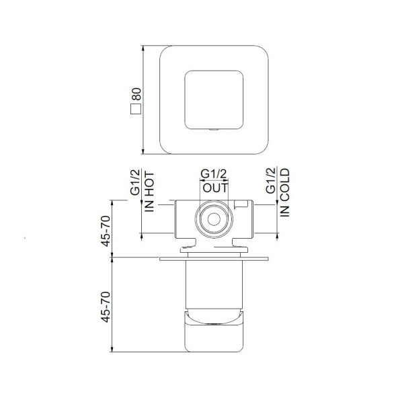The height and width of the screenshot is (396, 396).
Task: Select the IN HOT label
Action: click(149, 194)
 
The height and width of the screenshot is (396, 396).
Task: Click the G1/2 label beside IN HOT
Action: click(135, 183)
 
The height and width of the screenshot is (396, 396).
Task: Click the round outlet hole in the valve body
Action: click(214, 219)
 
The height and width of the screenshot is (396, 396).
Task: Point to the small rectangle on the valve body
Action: click(241, 203)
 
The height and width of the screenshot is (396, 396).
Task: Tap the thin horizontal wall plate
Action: click(214, 257)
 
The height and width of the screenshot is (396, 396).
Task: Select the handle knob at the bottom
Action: click(213, 333)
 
